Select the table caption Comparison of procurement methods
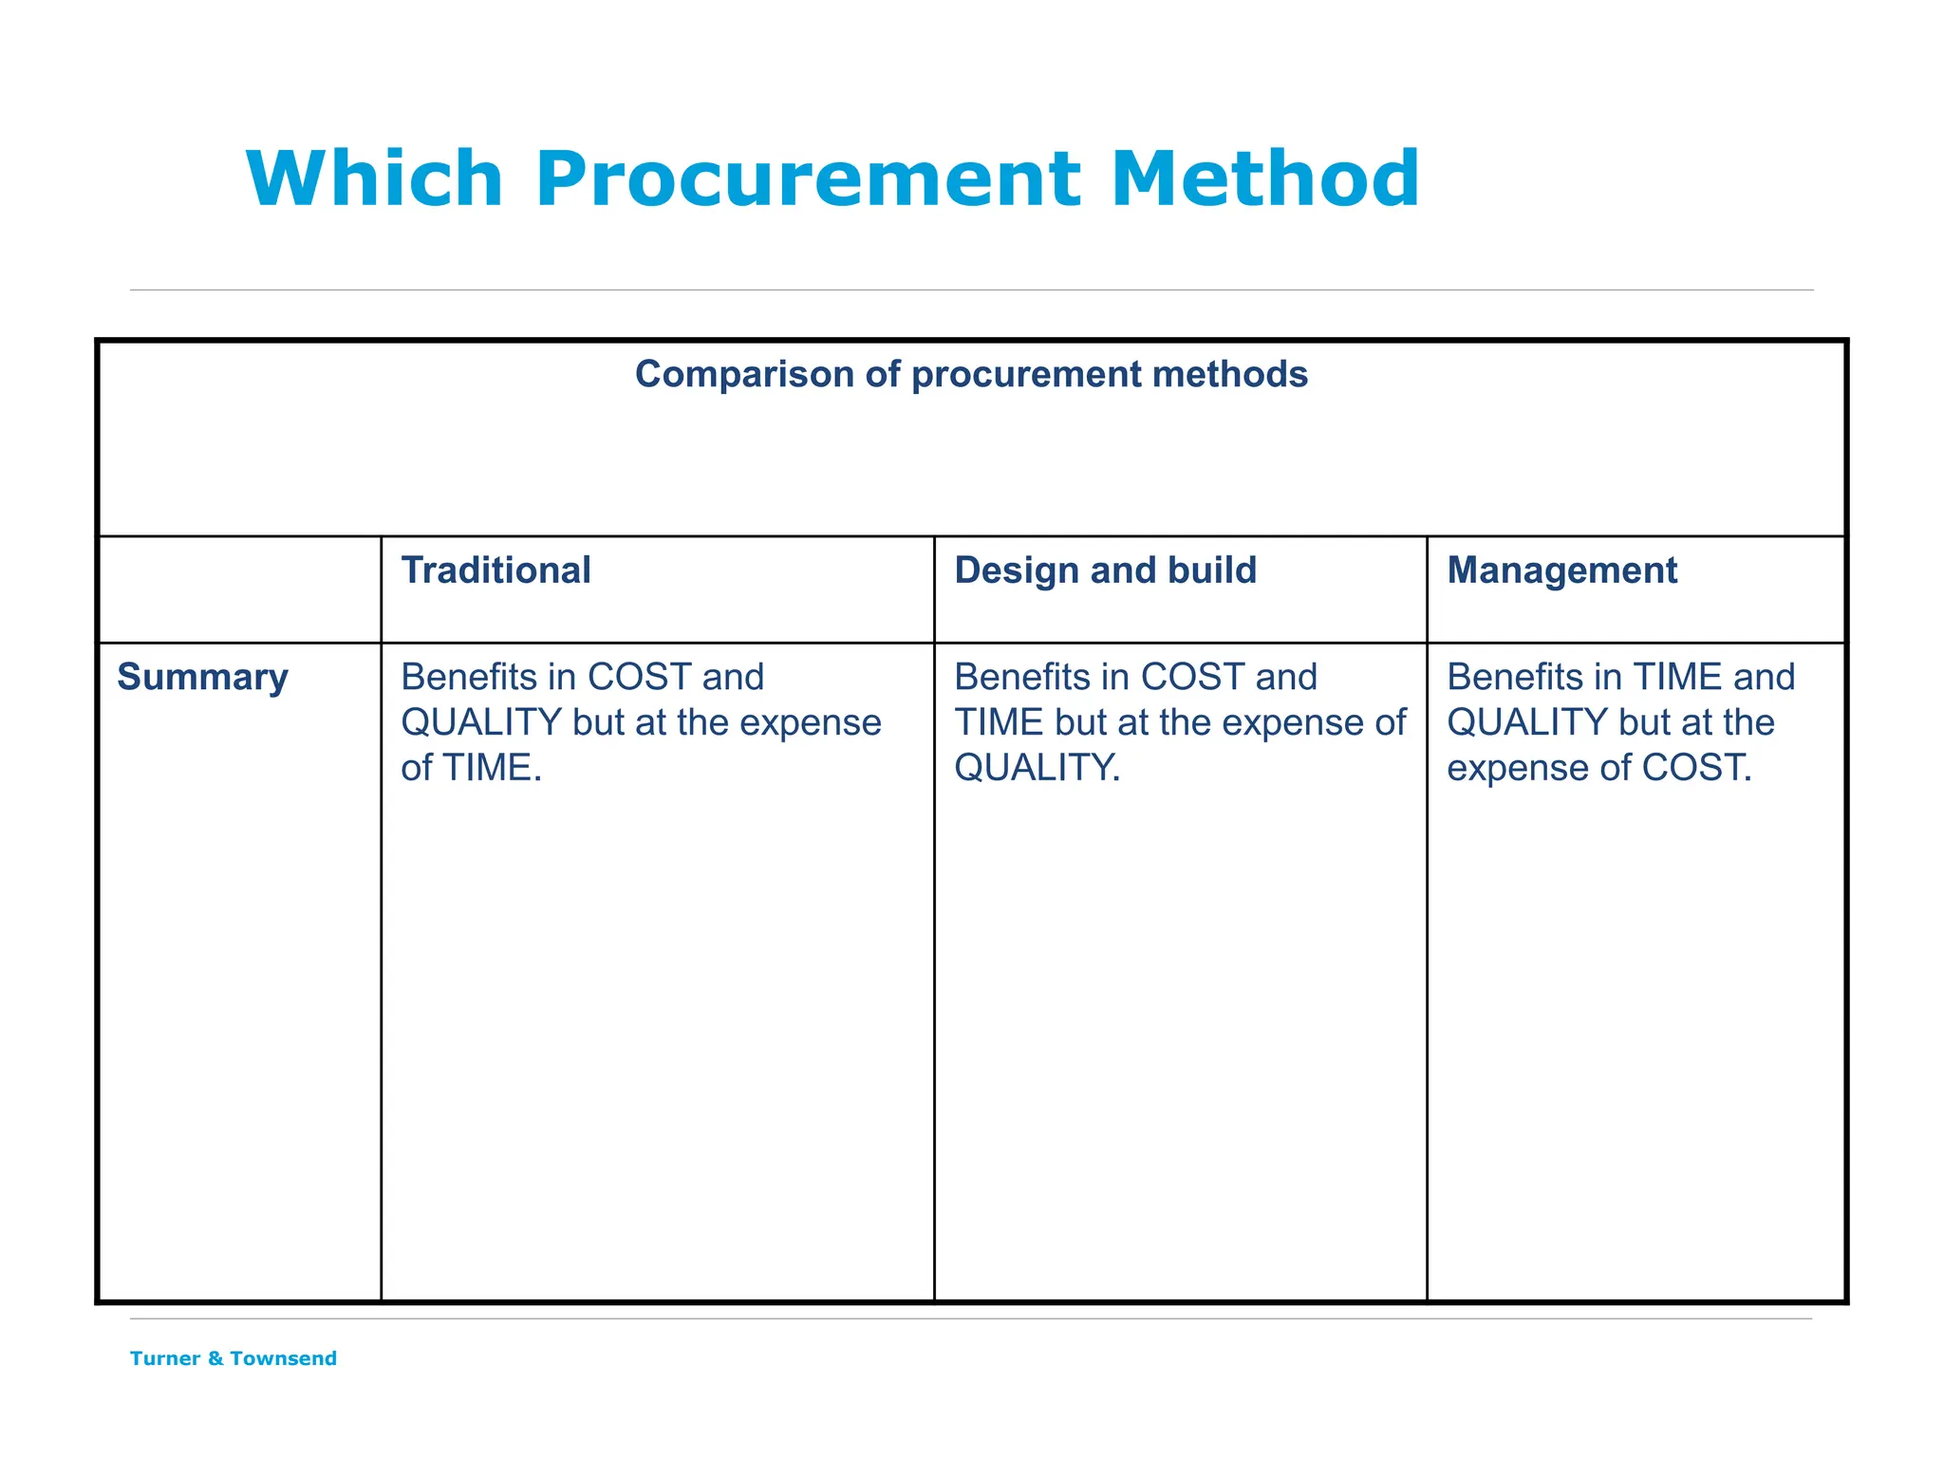(x=971, y=374)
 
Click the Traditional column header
(x=495, y=570)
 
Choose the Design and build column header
(x=1105, y=570)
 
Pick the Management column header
(x=1561, y=570)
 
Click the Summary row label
(x=202, y=677)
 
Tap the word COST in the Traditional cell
(x=639, y=677)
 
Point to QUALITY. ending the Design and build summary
(x=1037, y=768)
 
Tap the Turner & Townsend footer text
(x=234, y=1358)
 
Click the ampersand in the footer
(x=215, y=1358)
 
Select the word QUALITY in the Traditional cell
(x=481, y=722)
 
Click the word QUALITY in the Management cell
(x=1527, y=722)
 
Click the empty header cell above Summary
(x=239, y=589)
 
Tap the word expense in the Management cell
(x=1513, y=768)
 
